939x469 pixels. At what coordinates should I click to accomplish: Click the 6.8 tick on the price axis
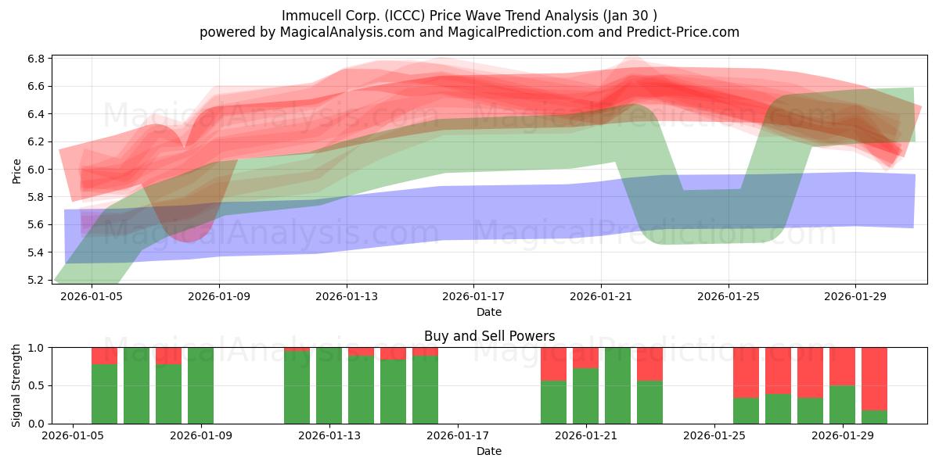[x=36, y=59]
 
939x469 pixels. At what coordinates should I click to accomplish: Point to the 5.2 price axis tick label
[x=36, y=280]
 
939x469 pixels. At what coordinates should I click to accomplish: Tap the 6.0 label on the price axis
[x=36, y=169]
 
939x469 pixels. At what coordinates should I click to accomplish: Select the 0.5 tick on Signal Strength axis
[x=36, y=385]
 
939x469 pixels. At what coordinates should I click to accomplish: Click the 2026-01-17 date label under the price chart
[x=473, y=296]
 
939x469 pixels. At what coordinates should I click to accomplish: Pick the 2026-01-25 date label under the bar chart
[x=714, y=435]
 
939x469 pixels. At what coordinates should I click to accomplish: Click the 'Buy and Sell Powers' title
[x=489, y=336]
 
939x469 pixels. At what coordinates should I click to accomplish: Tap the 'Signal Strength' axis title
[x=16, y=385]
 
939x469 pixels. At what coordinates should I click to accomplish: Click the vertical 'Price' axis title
[x=16, y=171]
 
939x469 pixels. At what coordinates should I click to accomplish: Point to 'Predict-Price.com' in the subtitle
[x=683, y=32]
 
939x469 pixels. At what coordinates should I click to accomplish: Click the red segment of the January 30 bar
[x=874, y=378]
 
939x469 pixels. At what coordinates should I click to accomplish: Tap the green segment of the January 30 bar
[x=874, y=417]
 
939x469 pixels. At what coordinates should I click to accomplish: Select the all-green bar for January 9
[x=200, y=385]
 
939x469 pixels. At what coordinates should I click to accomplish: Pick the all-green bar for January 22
[x=617, y=385]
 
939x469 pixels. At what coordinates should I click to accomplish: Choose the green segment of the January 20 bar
[x=553, y=402]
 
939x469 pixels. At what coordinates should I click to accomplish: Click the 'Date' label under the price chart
[x=489, y=312]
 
